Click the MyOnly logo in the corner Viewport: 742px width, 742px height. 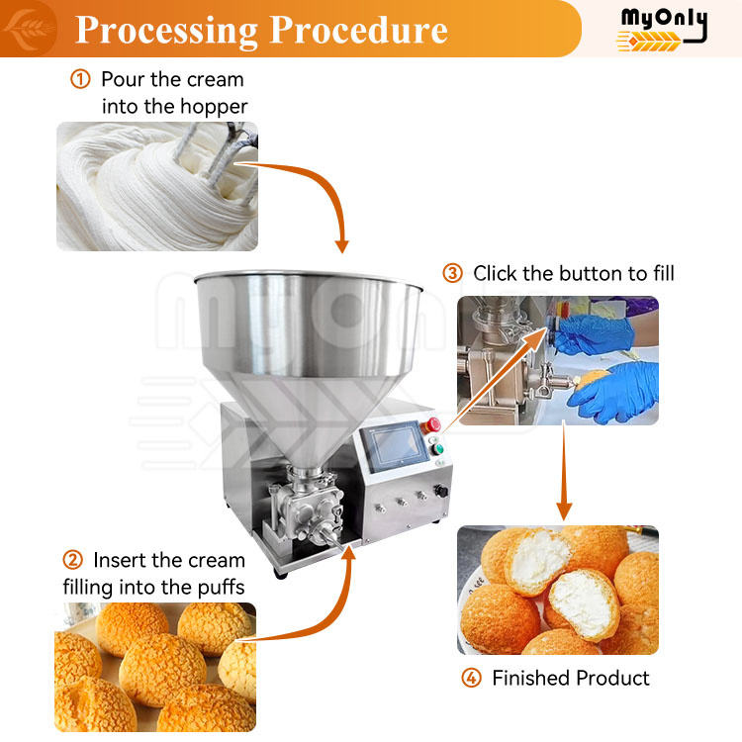tap(662, 30)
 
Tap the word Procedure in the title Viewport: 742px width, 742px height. tap(359, 30)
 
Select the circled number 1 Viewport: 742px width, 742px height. tap(80, 79)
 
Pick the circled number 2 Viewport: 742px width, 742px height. tap(73, 560)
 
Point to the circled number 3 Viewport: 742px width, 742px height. tap(452, 273)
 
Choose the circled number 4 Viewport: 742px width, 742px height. tap(471, 678)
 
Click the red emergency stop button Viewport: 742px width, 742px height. tap(433, 424)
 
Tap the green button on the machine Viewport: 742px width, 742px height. tap(438, 448)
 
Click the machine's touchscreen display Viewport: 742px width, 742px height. tap(394, 446)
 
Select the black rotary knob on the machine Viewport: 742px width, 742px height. tap(441, 491)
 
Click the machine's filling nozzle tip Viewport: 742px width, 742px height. tap(341, 544)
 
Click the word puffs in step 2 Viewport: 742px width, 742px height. tap(221, 589)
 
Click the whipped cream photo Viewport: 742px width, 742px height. tap(157, 186)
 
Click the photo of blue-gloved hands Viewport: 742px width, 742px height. tap(558, 360)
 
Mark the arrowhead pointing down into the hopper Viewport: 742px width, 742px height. tap(341, 246)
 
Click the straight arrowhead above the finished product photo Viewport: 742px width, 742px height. tap(564, 511)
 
